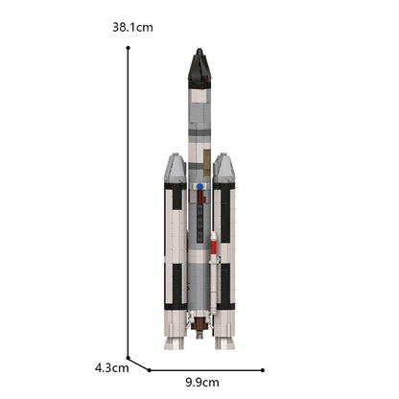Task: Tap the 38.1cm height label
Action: click(x=132, y=27)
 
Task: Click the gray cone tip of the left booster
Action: click(x=175, y=169)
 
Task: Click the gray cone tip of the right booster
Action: click(x=224, y=169)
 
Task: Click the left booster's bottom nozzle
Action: click(x=175, y=340)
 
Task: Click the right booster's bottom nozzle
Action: click(x=224, y=340)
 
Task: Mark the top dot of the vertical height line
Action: click(x=128, y=48)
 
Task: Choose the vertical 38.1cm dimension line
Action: click(x=128, y=201)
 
